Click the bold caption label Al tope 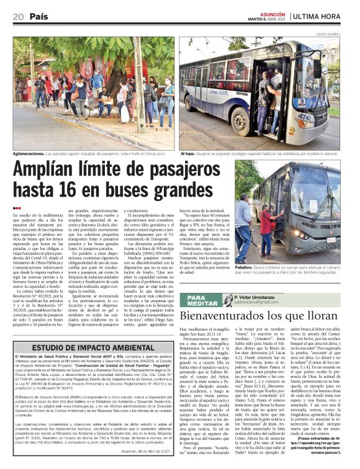click(x=186, y=152)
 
